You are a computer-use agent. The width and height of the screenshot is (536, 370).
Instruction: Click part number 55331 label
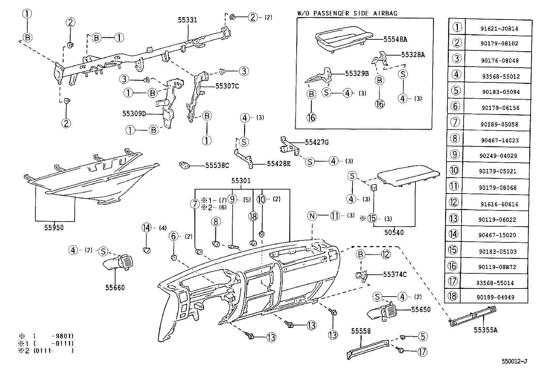coord(187,20)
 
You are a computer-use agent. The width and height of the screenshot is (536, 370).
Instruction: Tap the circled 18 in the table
coord(453,296)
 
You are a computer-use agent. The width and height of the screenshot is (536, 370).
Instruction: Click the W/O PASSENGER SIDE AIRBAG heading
coord(347,13)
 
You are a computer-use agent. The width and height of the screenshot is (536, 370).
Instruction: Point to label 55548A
coord(395,39)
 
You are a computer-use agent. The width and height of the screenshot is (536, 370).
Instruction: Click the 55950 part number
coord(54,228)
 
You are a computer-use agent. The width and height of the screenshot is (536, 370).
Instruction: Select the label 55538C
coord(217,165)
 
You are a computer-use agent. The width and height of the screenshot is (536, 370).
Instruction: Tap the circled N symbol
coord(312,216)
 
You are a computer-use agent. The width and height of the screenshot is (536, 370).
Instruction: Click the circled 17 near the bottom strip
coord(422,352)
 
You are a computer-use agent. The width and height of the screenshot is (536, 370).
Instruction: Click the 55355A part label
coord(485,330)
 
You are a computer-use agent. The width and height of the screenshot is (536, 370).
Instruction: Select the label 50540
coord(394,232)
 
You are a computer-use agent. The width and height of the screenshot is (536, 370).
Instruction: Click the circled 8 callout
coord(216,222)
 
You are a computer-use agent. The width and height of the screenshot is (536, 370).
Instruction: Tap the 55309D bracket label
coord(134,114)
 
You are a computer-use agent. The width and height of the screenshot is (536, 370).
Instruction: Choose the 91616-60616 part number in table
coord(499,204)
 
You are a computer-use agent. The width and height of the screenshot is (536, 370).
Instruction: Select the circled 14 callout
coord(146,228)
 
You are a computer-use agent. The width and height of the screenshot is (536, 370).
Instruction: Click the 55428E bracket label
coord(278,164)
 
